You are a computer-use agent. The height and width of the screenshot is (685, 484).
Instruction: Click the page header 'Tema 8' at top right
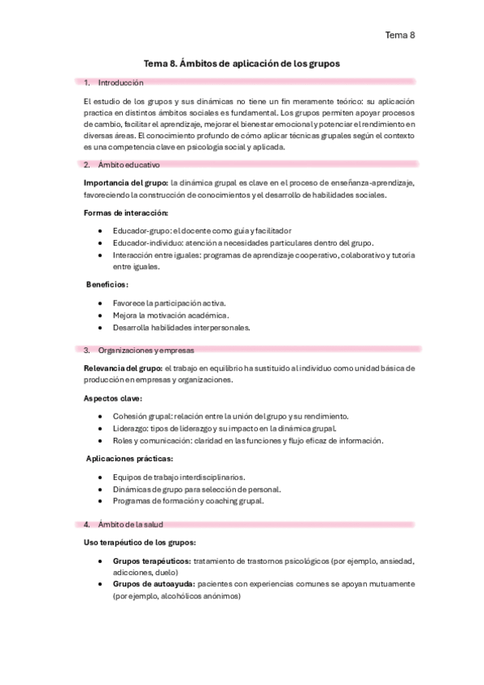click(x=400, y=35)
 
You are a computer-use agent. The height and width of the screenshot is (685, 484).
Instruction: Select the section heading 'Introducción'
click(x=120, y=82)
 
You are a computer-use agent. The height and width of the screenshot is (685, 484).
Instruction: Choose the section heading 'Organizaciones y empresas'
click(x=145, y=350)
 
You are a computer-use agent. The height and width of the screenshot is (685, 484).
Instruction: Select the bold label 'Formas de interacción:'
click(x=125, y=212)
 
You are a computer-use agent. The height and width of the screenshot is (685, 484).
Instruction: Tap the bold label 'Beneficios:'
click(x=107, y=284)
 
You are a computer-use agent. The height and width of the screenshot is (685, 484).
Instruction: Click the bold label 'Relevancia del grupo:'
click(x=123, y=368)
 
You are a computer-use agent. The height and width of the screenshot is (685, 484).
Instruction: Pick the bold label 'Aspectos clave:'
click(x=113, y=397)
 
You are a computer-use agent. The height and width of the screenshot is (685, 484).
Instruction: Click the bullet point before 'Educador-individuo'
click(x=99, y=242)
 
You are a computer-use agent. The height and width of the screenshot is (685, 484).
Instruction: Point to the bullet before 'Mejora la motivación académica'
click(x=99, y=315)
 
